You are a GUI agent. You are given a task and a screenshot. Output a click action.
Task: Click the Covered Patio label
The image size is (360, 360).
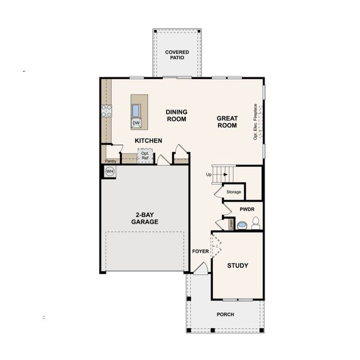(177, 56)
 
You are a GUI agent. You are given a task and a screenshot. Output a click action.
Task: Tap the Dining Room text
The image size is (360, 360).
(176, 115)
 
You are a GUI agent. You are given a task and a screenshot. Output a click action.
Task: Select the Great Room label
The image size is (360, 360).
(227, 122)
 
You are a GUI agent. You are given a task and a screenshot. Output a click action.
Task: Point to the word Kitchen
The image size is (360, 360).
(148, 140)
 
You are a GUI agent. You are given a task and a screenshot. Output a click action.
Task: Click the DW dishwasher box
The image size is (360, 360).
(136, 123)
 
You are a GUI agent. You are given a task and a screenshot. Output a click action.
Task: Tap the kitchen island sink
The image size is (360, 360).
(136, 110)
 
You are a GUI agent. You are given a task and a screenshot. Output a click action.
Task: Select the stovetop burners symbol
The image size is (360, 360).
(106, 110)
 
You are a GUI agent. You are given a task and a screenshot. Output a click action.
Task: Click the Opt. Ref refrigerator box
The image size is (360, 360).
(145, 155)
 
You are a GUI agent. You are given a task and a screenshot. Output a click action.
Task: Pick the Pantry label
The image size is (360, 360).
(110, 161)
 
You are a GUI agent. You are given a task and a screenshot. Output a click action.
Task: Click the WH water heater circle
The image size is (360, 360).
(109, 172)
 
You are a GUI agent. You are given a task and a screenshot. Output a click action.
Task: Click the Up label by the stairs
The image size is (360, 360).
(209, 175)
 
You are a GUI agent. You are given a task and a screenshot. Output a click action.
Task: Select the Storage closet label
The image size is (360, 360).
(233, 192)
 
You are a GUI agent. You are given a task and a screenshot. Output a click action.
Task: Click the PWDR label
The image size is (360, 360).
(247, 209)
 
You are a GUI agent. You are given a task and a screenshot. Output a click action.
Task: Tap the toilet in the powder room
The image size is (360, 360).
(255, 224)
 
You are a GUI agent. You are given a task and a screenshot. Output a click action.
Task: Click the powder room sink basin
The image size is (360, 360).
(242, 226)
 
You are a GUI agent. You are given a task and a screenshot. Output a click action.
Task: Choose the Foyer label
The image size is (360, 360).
(200, 251)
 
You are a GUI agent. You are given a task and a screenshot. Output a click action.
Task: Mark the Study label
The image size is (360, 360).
(237, 265)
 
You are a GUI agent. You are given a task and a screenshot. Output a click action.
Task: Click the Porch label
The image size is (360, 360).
(225, 314)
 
